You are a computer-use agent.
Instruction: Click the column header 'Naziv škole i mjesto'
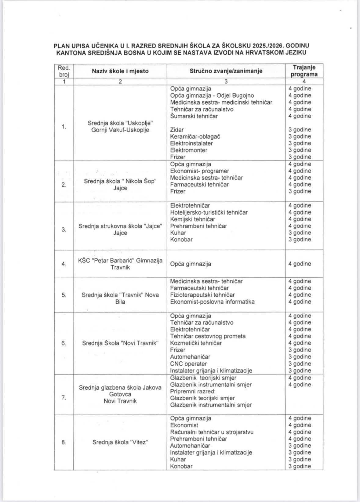tap(120, 71)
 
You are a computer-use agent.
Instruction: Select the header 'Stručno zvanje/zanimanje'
tap(226, 71)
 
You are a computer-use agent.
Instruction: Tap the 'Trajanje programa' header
tap(304, 71)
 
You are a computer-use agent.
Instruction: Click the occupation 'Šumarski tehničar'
tap(194, 116)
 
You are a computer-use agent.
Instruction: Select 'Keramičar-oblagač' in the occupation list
tap(195, 136)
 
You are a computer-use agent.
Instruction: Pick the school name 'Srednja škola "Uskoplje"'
tap(120, 123)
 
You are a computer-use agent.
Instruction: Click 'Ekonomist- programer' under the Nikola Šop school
tap(199, 171)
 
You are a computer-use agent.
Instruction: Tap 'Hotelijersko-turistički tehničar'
tap(209, 212)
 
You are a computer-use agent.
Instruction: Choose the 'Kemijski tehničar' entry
tap(192, 219)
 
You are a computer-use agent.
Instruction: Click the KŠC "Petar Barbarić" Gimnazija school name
tap(120, 264)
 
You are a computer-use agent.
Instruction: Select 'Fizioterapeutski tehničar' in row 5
tap(202, 295)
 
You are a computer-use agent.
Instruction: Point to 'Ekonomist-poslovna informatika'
tap(212, 302)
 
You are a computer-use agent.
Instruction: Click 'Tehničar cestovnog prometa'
tap(208, 336)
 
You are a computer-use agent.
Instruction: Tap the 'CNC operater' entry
tap(188, 363)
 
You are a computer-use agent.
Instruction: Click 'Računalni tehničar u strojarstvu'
tap(212, 432)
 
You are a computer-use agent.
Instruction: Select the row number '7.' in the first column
tap(64, 398)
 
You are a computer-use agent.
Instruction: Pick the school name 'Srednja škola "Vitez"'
tap(120, 442)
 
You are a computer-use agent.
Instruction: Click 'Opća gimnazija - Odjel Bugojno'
tap(212, 96)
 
